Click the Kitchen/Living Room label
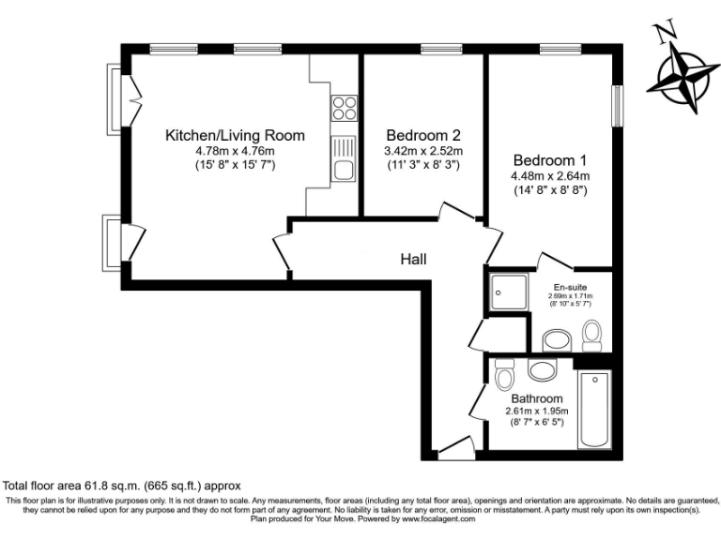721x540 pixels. click(235, 136)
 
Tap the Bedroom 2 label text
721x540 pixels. click(422, 135)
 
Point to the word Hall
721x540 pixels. click(414, 259)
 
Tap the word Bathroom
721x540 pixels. click(538, 398)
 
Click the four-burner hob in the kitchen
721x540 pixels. click(344, 108)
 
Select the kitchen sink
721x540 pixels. click(344, 159)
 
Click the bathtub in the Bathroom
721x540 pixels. click(595, 410)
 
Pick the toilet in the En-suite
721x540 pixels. click(592, 333)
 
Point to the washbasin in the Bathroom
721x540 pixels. click(542, 370)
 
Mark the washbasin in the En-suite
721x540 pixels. click(557, 337)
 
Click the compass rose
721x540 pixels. click(683, 79)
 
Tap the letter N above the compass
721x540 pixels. click(667, 33)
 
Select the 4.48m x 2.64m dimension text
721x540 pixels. click(550, 176)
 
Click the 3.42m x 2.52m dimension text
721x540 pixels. click(422, 151)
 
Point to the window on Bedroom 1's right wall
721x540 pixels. click(618, 106)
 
